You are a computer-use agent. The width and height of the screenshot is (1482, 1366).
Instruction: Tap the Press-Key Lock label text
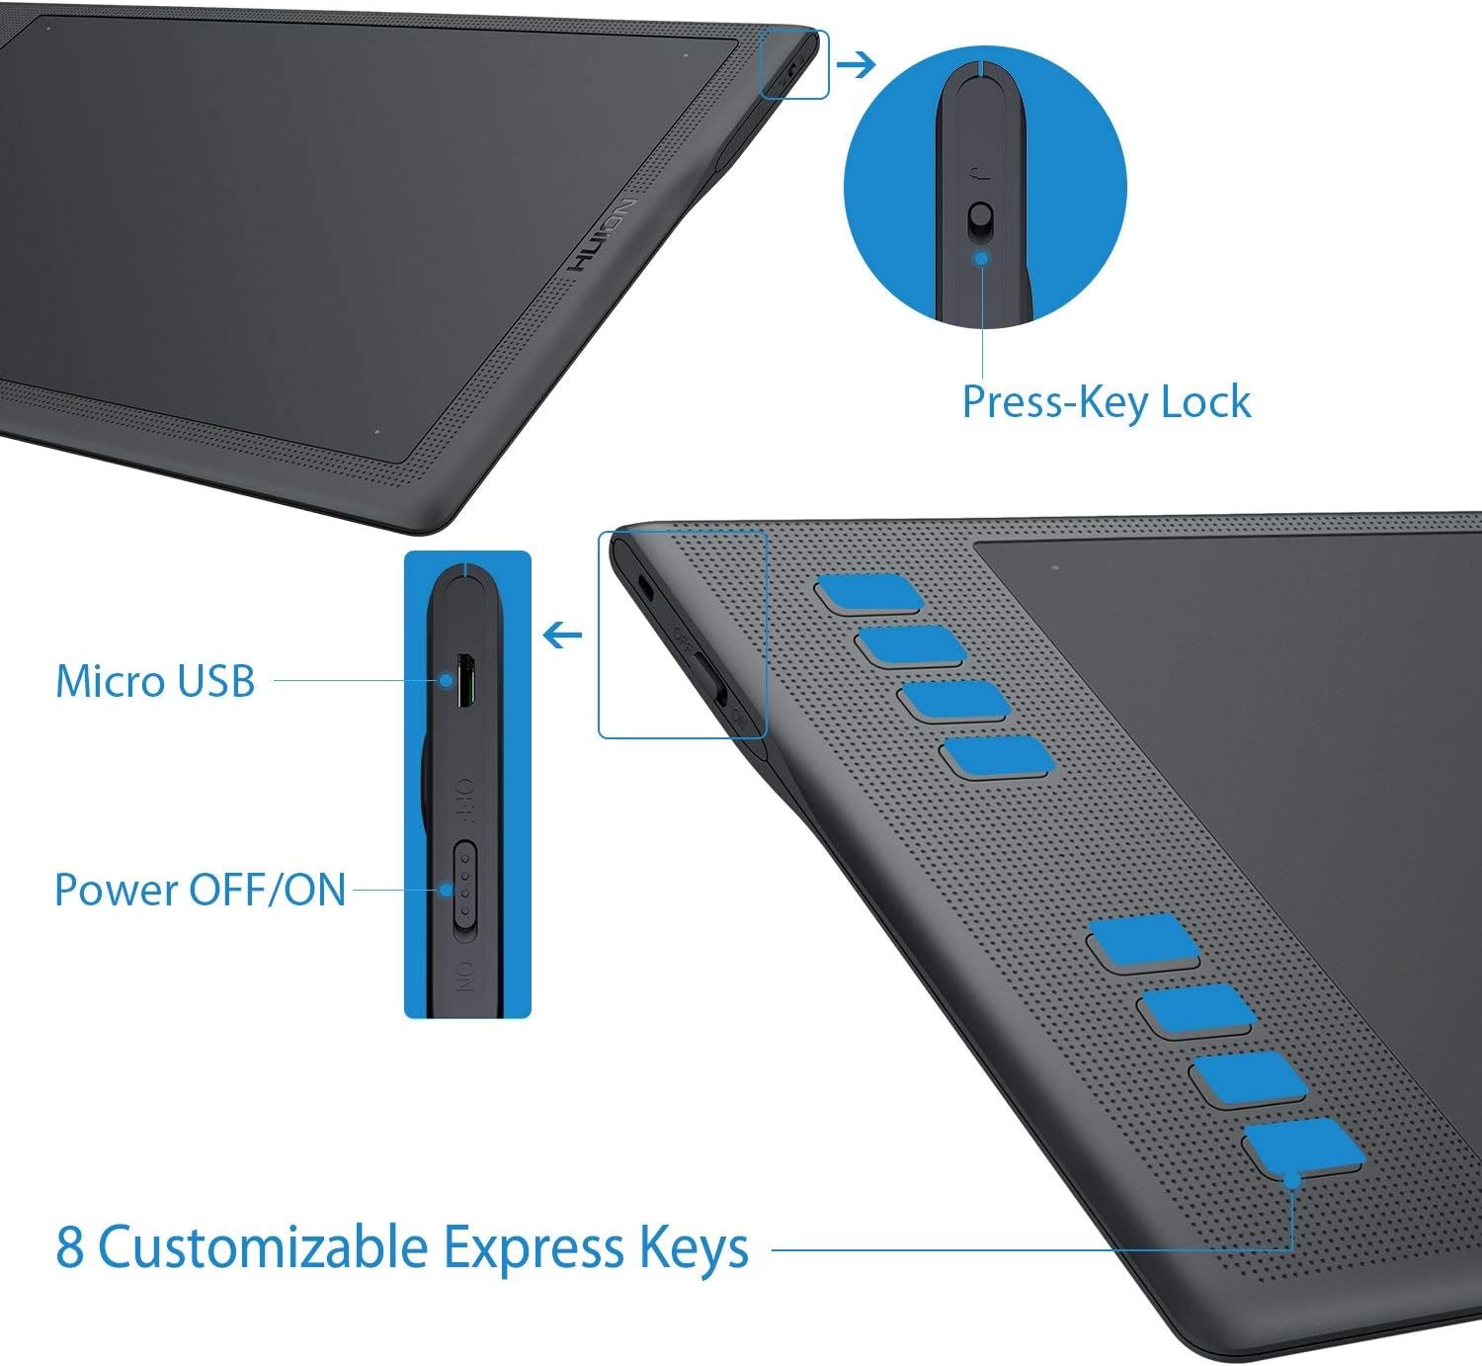(x=1107, y=402)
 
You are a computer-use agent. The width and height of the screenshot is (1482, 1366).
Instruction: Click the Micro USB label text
(x=155, y=681)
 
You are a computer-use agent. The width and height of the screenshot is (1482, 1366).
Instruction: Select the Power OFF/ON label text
(x=201, y=890)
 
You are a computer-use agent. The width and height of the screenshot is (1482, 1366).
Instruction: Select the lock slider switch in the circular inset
(x=981, y=219)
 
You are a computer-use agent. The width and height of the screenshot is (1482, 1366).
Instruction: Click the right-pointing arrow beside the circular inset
(x=857, y=65)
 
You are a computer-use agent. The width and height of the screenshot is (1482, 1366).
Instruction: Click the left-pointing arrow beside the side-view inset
(x=562, y=635)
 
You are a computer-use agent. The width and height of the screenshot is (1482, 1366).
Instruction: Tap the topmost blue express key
(x=868, y=593)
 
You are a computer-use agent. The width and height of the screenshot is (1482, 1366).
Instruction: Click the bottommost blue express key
(x=1303, y=1145)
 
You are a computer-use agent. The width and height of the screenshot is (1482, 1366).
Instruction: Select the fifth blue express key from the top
(x=1143, y=940)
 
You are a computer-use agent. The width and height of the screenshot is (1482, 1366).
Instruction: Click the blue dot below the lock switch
(x=981, y=258)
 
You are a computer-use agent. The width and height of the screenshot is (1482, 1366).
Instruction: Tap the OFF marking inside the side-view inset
(x=464, y=801)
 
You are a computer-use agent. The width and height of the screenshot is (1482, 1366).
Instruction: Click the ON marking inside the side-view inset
(x=464, y=976)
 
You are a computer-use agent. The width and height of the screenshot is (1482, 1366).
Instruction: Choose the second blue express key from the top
(x=911, y=645)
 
